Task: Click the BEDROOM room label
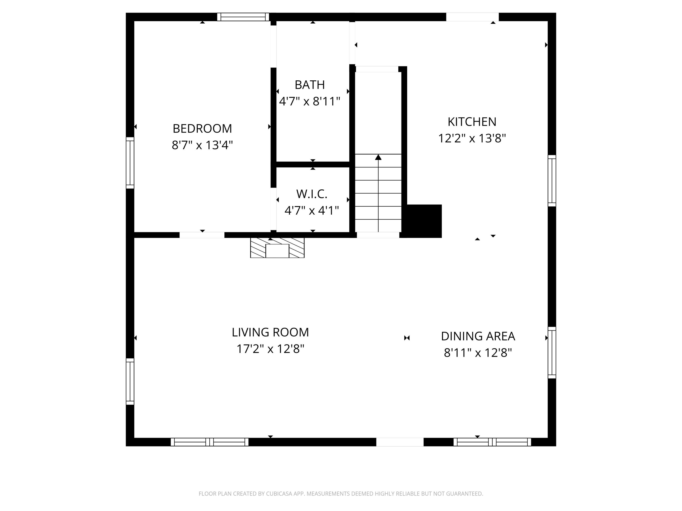(202, 129)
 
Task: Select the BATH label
(310, 85)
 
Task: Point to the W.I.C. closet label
(312, 194)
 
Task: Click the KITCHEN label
(472, 122)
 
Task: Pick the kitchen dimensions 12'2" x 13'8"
(472, 138)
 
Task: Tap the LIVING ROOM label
(270, 332)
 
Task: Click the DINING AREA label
(478, 336)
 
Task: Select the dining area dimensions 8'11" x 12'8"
(478, 352)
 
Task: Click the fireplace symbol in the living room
(277, 248)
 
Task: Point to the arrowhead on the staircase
(378, 157)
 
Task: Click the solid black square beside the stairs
(424, 221)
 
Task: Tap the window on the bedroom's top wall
(243, 17)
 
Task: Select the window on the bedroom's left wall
(130, 163)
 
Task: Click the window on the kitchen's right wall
(552, 181)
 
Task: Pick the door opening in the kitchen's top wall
(472, 17)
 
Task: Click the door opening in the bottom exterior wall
(400, 442)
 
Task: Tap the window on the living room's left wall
(130, 381)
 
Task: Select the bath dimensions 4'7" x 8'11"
(310, 101)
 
